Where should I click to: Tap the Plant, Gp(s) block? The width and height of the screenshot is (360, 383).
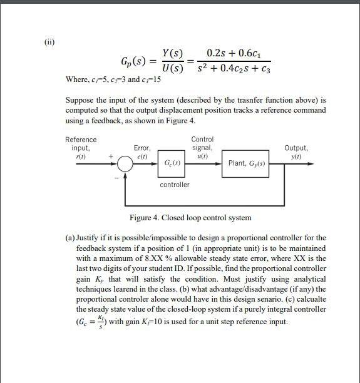point(248,164)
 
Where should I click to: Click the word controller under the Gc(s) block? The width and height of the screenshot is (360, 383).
point(174,185)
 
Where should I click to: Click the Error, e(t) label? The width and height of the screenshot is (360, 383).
point(142,151)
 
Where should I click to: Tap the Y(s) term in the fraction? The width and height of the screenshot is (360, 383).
point(172,54)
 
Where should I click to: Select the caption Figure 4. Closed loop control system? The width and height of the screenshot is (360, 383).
point(190,218)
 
